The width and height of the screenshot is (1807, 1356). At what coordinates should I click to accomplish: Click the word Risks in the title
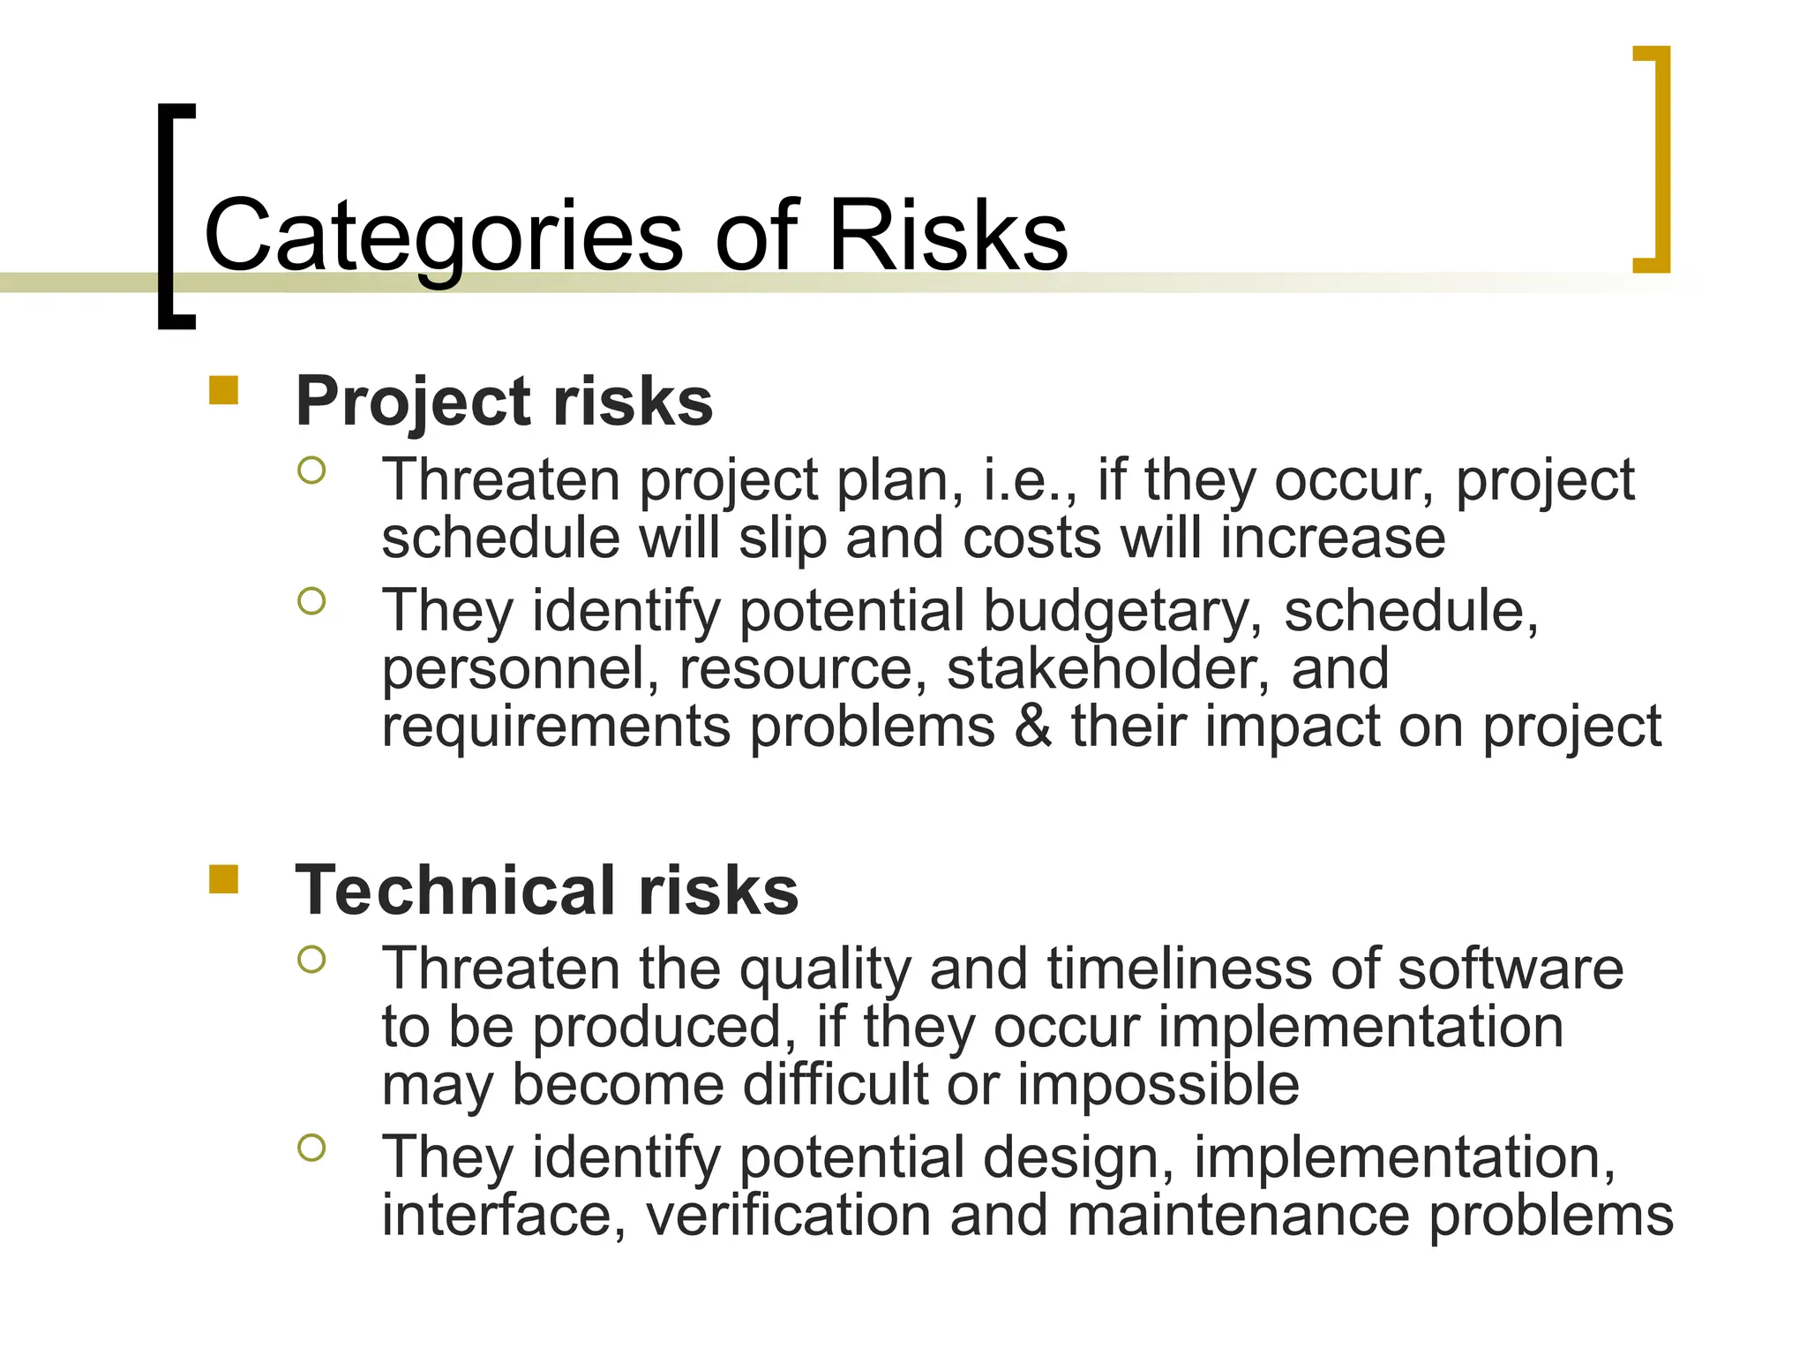click(x=948, y=235)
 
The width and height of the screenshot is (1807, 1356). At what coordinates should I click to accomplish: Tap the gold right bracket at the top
click(x=1659, y=159)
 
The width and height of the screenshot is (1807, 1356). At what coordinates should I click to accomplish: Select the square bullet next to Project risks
click(x=224, y=390)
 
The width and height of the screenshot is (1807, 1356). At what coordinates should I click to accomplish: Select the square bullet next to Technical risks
click(x=224, y=879)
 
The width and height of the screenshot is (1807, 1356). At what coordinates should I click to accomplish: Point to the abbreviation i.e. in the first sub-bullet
click(x=1028, y=481)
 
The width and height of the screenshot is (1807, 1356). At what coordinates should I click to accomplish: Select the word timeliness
click(x=1179, y=968)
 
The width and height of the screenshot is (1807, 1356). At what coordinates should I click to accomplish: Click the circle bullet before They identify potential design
click(x=311, y=1148)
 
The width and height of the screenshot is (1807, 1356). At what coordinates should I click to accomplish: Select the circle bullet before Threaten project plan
click(x=311, y=470)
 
